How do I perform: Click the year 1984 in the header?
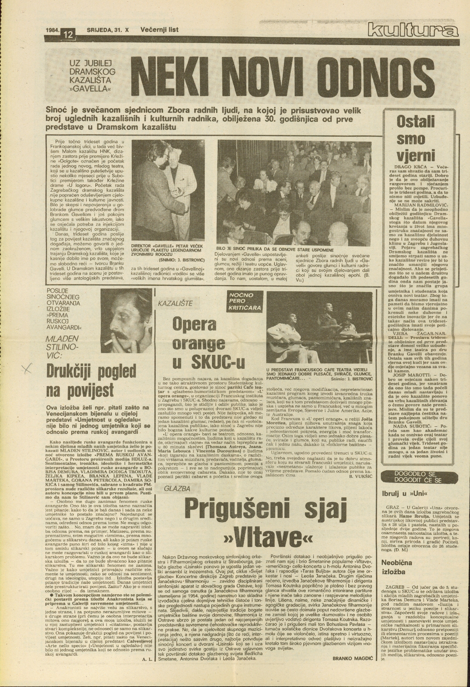(x=52, y=30)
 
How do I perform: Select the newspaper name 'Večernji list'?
(x=159, y=30)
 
